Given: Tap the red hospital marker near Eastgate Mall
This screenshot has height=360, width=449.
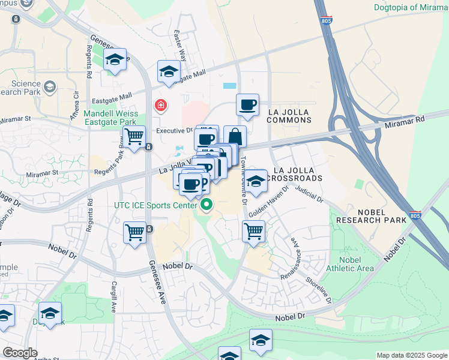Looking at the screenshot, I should [x=161, y=106].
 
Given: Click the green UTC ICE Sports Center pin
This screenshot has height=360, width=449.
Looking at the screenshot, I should [x=207, y=206].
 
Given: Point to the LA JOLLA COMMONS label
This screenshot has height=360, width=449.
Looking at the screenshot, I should [x=289, y=116].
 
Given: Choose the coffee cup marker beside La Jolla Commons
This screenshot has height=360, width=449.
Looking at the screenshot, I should [x=247, y=106].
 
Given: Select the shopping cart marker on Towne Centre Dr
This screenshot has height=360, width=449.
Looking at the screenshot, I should [x=254, y=232].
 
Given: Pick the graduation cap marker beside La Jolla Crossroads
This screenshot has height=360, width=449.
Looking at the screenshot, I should [x=256, y=182].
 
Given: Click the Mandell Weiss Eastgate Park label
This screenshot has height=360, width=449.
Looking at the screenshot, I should [x=111, y=117].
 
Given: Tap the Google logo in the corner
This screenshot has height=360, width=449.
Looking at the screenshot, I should [x=20, y=352].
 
